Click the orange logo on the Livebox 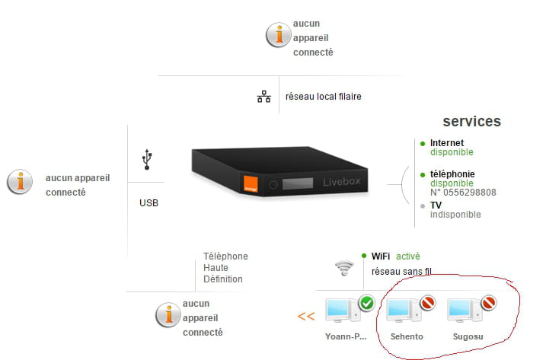click(249, 183)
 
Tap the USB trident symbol click(147, 159)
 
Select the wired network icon click(263, 97)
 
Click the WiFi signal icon click(345, 268)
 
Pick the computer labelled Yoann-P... click(340, 311)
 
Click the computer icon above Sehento click(401, 311)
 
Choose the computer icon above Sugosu click(462, 311)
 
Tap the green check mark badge click(366, 303)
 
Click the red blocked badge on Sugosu click(489, 303)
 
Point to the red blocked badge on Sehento click(427, 303)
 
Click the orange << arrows click(306, 316)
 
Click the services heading click(471, 121)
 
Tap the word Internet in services click(446, 142)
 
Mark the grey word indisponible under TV click(455, 215)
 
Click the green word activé click(407, 256)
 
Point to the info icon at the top click(278, 34)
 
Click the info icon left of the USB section click(19, 182)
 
